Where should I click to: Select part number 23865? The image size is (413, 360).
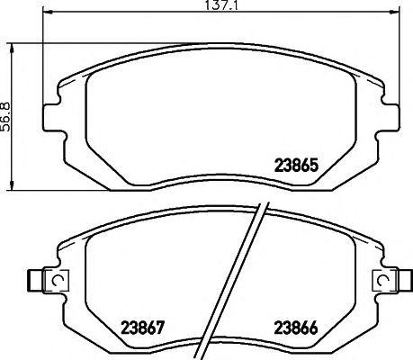pyautogui.click(x=295, y=166)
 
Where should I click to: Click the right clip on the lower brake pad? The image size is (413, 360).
pyautogui.click(x=390, y=282)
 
